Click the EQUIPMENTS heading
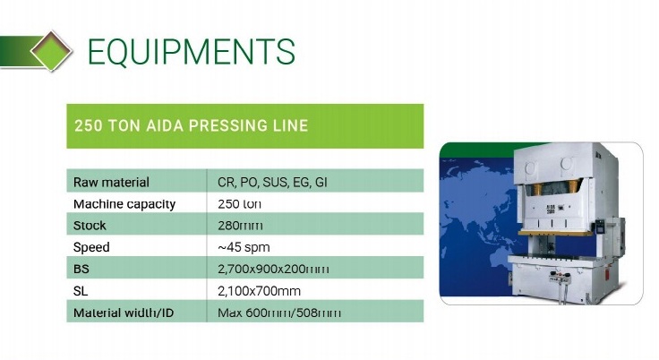192,51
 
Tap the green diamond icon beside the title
51,51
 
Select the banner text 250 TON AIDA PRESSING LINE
192,125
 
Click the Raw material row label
111,182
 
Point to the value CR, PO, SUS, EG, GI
272,182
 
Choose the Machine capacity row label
124,204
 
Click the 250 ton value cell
239,204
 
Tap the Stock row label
90,226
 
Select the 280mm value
240,226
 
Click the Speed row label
91,247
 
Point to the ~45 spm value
244,247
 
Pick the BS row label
81,270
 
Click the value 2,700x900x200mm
273,270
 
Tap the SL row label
81,291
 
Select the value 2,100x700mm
259,291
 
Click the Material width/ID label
124,313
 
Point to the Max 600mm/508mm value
279,313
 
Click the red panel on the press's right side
605,273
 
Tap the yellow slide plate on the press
555,233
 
